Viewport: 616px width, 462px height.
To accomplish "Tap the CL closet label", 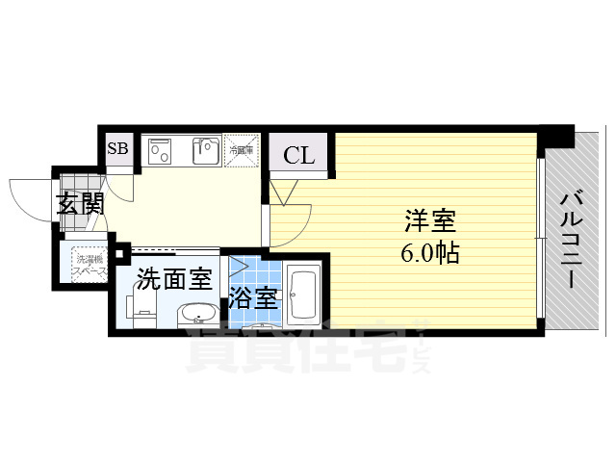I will click(x=298, y=156).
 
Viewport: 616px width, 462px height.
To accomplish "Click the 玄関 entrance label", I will click(x=79, y=204).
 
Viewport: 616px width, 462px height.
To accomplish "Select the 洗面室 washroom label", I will click(x=173, y=280).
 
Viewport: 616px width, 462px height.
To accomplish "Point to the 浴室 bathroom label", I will click(x=253, y=298).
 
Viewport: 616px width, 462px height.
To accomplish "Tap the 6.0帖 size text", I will click(x=429, y=254).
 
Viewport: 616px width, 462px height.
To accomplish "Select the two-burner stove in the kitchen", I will click(x=161, y=151).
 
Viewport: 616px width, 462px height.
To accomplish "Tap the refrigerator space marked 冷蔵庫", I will click(x=241, y=150).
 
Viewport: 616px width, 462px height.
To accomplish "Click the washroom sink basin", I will click(x=198, y=314).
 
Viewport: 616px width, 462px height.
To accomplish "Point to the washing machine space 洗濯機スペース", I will click(x=88, y=264).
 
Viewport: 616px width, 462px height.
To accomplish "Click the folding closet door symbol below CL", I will click(x=280, y=191).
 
